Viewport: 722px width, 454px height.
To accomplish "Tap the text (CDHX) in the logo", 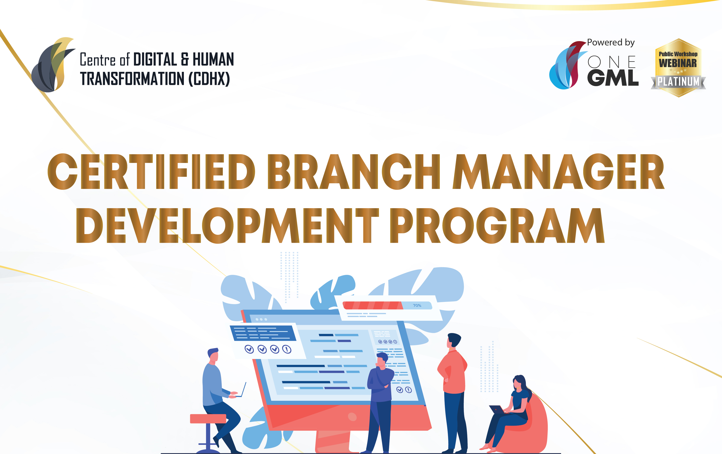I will [209, 79].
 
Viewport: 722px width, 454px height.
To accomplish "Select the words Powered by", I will [610, 43].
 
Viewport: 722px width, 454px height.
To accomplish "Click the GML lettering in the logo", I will [613, 78].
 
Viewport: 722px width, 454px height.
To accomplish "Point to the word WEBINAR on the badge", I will [678, 63].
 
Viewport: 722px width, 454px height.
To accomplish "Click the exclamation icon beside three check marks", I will [287, 349].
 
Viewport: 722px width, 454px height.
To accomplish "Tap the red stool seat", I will [208, 418].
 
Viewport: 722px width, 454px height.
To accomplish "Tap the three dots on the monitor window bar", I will [261, 319].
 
